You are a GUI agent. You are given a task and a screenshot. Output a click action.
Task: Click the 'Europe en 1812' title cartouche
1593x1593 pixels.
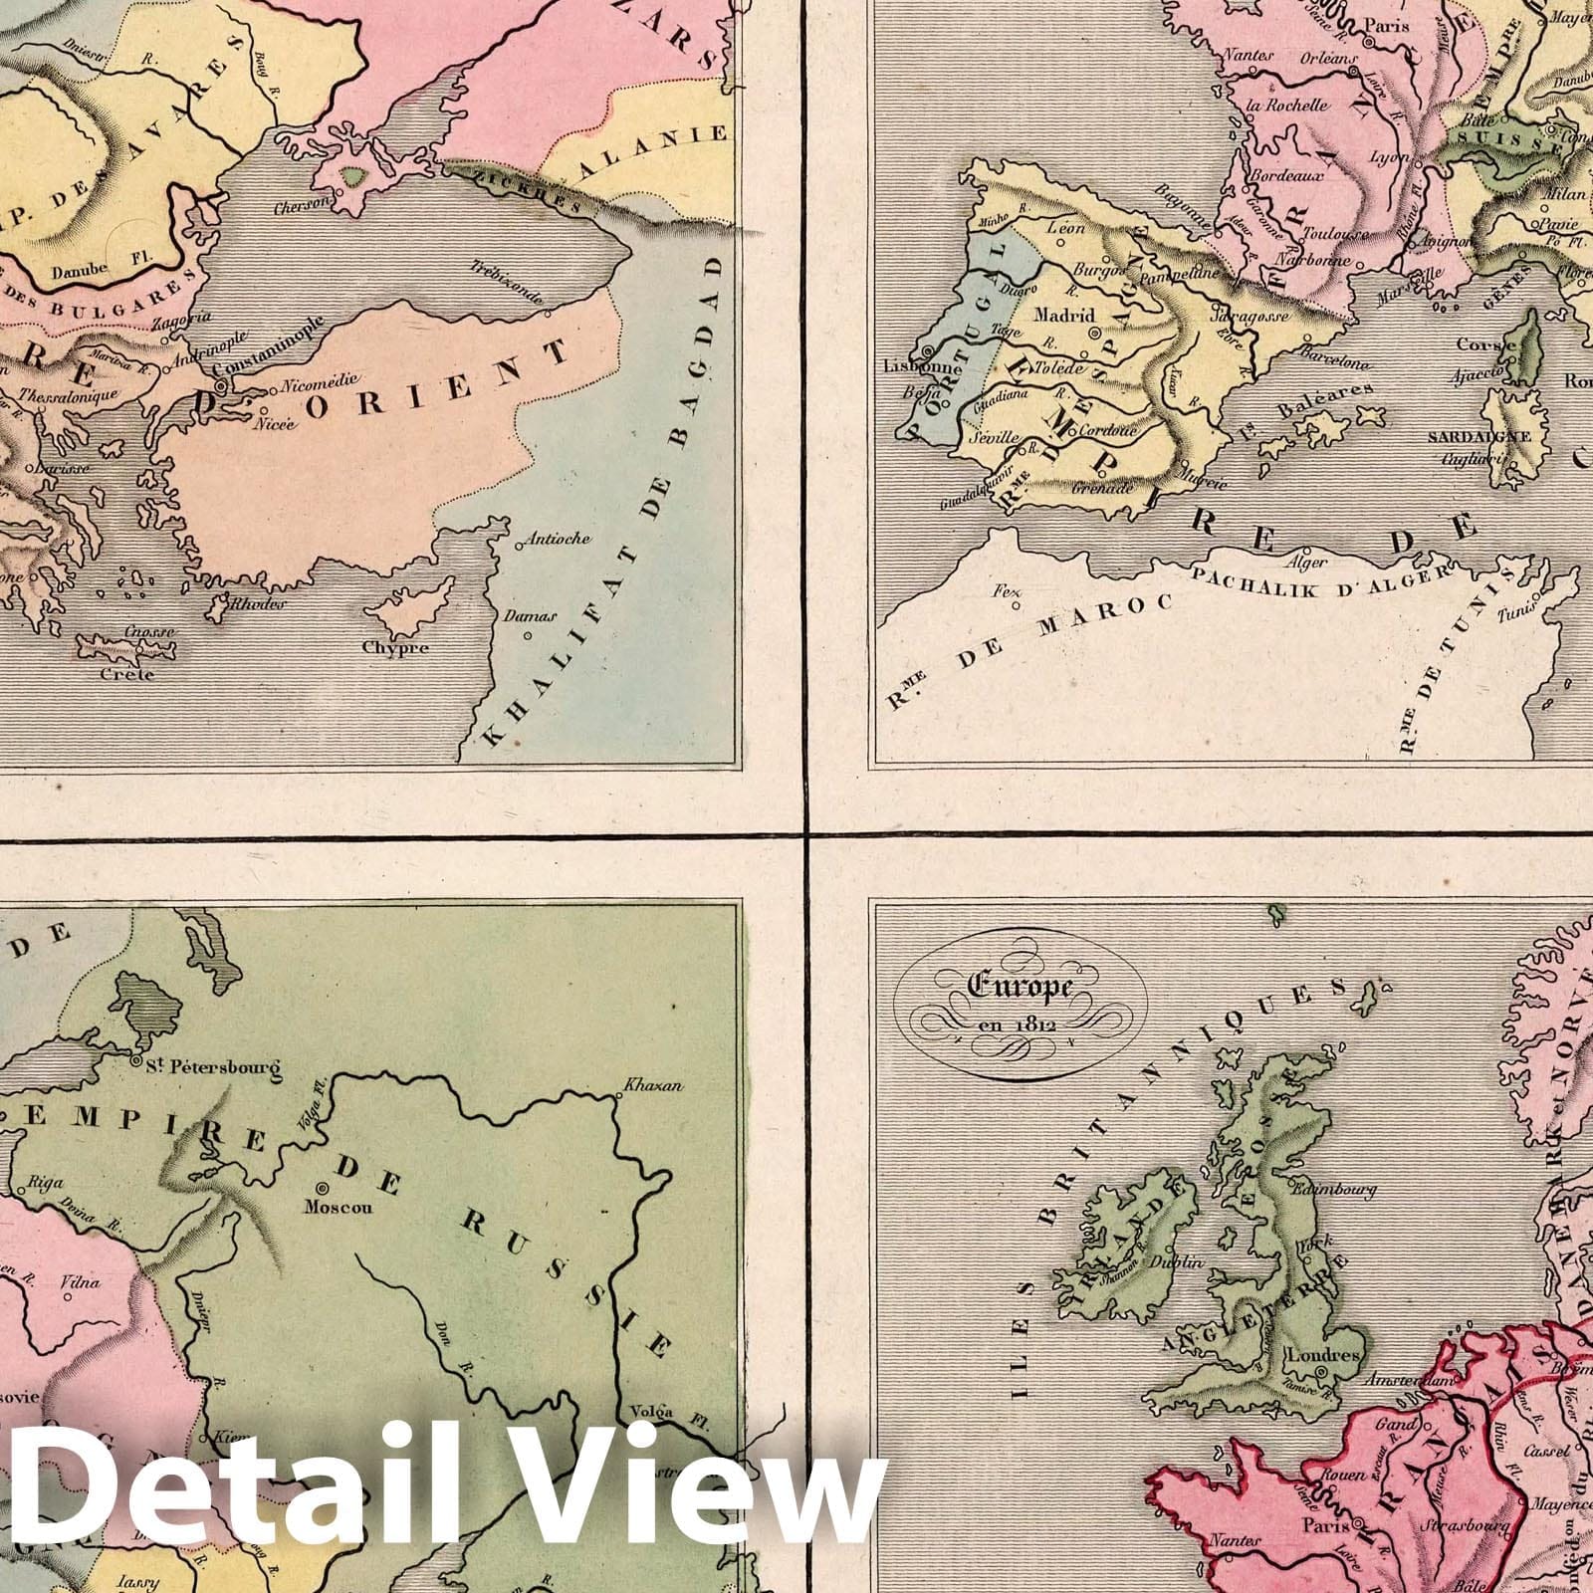click(x=1021, y=1006)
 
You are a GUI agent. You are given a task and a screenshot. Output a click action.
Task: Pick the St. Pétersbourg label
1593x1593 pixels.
click(x=213, y=1070)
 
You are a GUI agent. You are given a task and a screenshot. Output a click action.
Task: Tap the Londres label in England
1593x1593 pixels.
click(x=1323, y=1355)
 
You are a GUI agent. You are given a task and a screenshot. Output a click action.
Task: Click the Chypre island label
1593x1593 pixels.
click(x=395, y=648)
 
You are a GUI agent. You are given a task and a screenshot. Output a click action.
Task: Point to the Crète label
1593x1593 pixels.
click(x=127, y=674)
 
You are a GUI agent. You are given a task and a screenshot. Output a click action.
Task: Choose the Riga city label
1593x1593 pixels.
click(x=47, y=1184)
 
